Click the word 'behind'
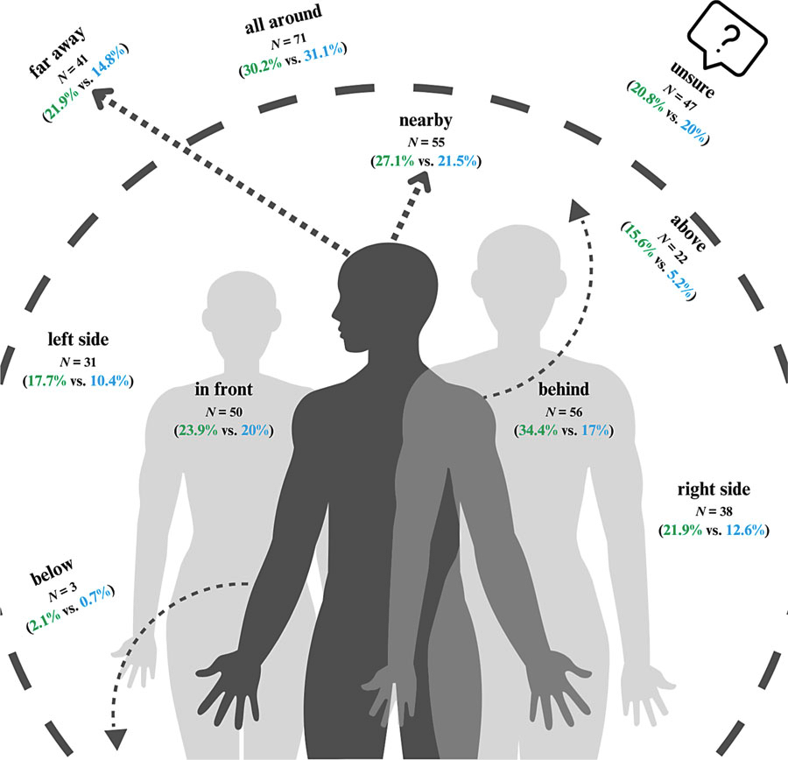click(x=564, y=389)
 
